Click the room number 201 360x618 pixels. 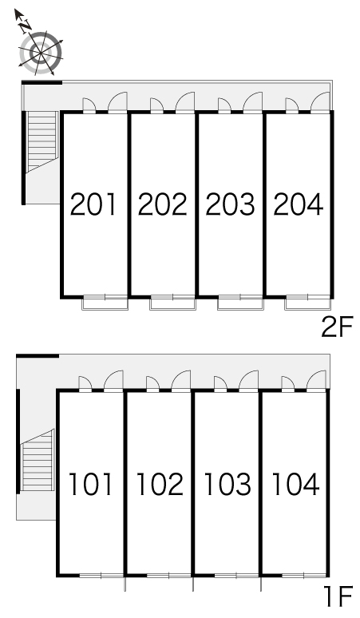click(93, 204)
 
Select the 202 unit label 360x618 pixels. click(162, 204)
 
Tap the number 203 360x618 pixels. click(230, 204)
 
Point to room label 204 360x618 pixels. click(299, 204)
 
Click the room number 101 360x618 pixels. click(91, 484)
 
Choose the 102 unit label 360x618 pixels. click(160, 484)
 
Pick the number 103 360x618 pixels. click(227, 484)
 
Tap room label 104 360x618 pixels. click(295, 484)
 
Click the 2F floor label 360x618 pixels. click(337, 327)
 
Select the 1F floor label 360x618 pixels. click(338, 596)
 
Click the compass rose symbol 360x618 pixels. click(41, 52)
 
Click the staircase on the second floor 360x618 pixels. click(42, 141)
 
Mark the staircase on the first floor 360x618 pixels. click(37, 461)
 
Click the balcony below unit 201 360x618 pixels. click(105, 303)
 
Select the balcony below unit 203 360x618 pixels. click(240, 303)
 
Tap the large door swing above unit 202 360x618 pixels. click(185, 103)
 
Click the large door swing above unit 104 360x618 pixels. click(316, 381)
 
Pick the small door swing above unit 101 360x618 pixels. click(85, 383)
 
